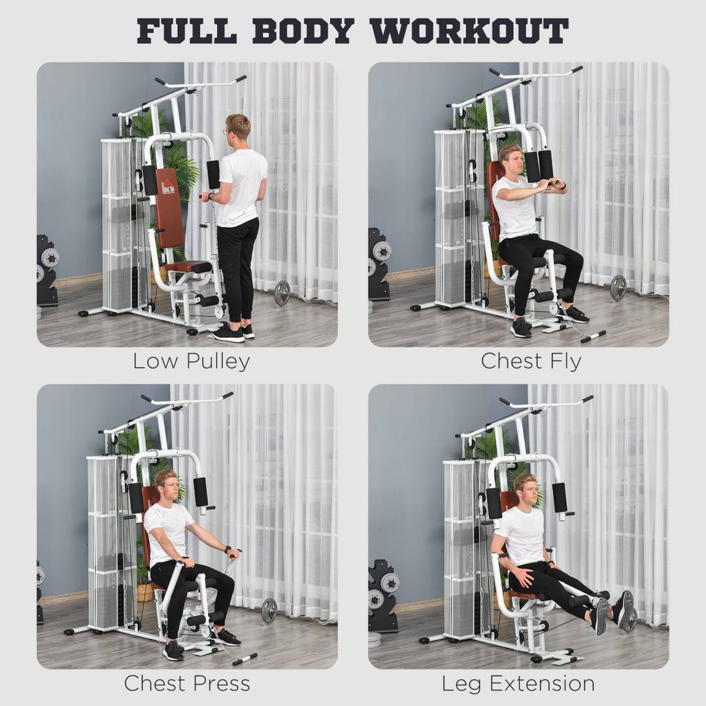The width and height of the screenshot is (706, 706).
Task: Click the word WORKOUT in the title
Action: pos(469,31)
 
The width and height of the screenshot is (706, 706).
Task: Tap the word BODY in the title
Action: pos(303,31)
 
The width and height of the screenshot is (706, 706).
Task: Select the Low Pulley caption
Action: pos(191,361)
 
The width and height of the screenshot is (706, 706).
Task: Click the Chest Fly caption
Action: pos(531,361)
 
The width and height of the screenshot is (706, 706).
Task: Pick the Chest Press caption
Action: pos(187,684)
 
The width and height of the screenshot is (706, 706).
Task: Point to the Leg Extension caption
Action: pos(518,684)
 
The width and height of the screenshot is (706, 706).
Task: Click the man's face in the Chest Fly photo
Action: pos(513,160)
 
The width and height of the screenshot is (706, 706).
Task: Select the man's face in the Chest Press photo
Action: pos(169,484)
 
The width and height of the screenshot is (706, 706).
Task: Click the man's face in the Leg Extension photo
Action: pos(529,490)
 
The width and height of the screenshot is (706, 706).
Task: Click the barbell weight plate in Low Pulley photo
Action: pos(282,294)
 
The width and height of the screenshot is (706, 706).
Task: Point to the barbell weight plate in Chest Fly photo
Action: pos(618,288)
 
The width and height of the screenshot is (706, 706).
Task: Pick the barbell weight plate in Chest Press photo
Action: pos(269,611)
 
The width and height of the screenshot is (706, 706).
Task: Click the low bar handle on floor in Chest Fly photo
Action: pos(593,336)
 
